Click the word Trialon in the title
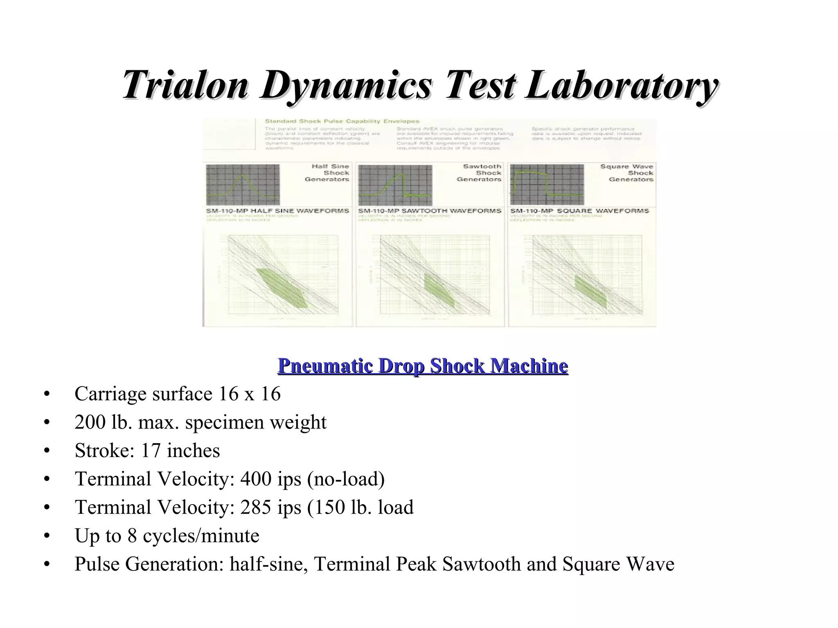(x=185, y=85)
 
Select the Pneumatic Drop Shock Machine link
(x=423, y=366)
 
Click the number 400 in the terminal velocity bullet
(x=256, y=478)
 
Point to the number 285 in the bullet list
(x=256, y=507)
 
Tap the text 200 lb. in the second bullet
(x=103, y=422)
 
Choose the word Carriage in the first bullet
(x=110, y=394)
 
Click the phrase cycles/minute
(x=201, y=536)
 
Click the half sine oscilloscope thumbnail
(x=243, y=185)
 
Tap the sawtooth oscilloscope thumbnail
(x=395, y=185)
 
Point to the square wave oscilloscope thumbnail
(x=547, y=185)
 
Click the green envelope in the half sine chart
(x=282, y=289)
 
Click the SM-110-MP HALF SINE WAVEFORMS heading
(x=277, y=211)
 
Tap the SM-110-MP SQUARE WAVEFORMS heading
(x=579, y=211)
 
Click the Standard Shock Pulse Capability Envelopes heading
(x=342, y=121)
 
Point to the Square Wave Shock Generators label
(x=626, y=173)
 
